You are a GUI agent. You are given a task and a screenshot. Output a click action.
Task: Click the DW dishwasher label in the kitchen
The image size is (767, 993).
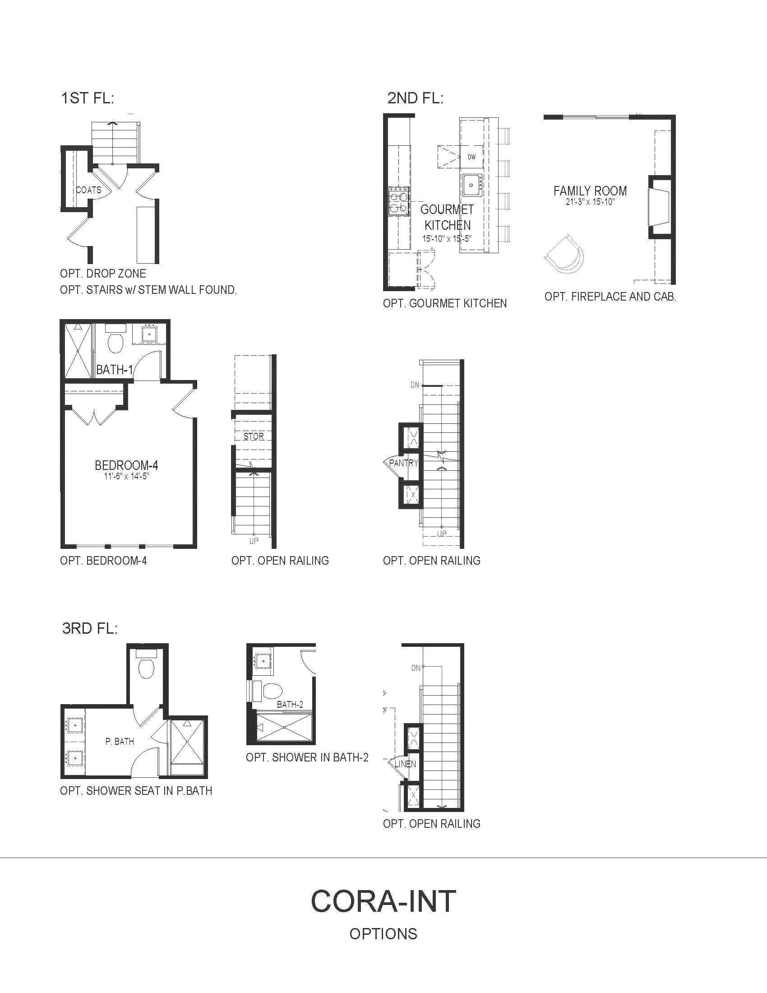tap(471, 157)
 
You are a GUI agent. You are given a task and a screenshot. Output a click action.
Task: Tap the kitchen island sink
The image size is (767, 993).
tap(472, 185)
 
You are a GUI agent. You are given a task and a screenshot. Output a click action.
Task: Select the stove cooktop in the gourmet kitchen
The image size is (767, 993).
tap(398, 201)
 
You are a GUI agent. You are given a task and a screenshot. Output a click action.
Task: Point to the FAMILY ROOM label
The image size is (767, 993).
tap(590, 191)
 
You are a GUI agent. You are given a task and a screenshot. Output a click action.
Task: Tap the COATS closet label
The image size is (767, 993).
tap(88, 190)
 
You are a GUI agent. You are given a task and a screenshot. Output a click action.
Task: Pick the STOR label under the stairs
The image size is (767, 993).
tap(254, 436)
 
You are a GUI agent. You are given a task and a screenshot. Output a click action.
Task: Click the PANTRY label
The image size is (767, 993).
tap(403, 463)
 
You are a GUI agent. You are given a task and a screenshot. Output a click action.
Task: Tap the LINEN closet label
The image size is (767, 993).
tap(405, 764)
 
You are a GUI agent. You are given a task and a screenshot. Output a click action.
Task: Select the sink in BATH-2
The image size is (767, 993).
tap(263, 661)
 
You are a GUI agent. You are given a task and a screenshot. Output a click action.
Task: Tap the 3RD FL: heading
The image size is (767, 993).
tap(90, 629)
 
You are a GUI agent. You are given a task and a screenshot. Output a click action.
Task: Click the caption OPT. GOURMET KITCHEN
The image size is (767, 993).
tap(445, 303)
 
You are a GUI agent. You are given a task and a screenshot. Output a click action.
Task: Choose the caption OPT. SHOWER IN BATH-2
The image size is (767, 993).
tap(307, 757)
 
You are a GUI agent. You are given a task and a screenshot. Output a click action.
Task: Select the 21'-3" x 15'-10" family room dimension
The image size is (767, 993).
tap(590, 202)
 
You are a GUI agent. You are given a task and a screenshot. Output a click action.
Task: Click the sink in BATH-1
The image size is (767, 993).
tap(148, 334)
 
